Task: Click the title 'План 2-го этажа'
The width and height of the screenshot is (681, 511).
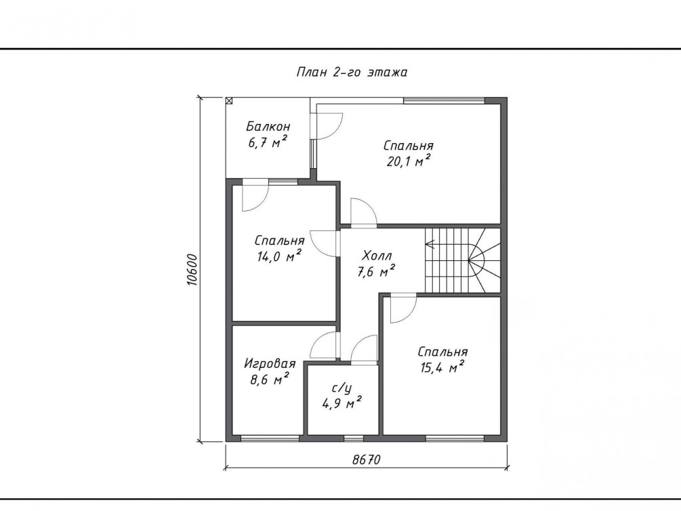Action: click(x=352, y=72)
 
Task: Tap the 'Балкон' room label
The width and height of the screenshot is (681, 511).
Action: click(x=268, y=127)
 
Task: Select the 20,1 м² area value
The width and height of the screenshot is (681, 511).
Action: click(x=408, y=161)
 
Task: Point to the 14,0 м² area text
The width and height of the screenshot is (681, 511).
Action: click(x=279, y=256)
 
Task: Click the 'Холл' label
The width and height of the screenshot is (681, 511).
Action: click(x=377, y=255)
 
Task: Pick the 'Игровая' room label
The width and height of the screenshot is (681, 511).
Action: click(x=270, y=363)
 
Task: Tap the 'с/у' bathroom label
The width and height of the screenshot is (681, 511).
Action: click(x=342, y=388)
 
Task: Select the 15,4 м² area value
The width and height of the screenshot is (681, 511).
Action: click(x=442, y=367)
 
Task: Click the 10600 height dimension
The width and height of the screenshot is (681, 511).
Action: click(x=192, y=270)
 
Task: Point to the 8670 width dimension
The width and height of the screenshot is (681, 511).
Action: click(x=366, y=459)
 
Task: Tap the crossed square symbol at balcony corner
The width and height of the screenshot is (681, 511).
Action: click(x=229, y=101)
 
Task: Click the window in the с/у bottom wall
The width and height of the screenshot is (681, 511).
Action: click(x=354, y=438)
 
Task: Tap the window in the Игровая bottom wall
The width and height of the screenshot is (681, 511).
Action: click(x=270, y=438)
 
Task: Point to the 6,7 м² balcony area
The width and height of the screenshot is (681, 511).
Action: click(x=268, y=142)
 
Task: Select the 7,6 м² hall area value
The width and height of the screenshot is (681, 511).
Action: click(x=376, y=272)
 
